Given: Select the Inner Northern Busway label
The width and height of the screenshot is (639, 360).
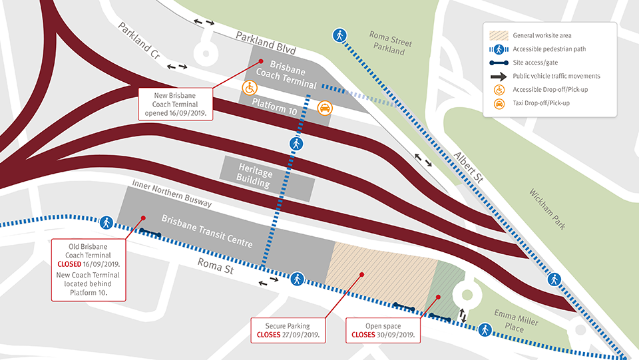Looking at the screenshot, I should [172, 194].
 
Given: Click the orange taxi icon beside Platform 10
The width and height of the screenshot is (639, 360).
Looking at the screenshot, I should [324, 108].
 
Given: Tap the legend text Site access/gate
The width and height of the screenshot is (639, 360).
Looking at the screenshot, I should [535, 63].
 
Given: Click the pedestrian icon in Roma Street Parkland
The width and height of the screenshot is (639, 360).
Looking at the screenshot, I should [339, 35].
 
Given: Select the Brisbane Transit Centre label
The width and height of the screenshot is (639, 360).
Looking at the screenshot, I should [207, 231].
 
